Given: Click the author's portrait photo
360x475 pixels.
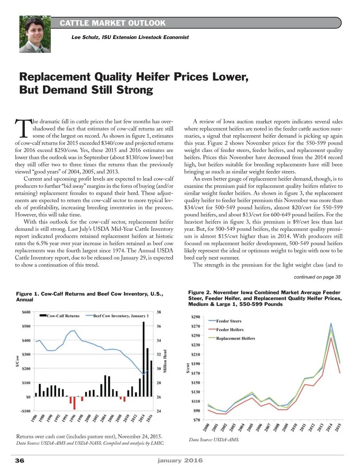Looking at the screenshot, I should (x=35, y=34).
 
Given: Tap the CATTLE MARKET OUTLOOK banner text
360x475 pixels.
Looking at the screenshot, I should (x=112, y=23).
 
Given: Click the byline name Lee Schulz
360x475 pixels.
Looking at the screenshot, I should (x=85, y=37).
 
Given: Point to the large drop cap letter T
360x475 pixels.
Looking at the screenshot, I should (x=22, y=128).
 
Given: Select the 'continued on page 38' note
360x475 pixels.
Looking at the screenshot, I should (x=317, y=277).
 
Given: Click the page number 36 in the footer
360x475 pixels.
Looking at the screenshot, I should (x=20, y=461).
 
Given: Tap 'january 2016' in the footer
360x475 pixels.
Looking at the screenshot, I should (x=180, y=461).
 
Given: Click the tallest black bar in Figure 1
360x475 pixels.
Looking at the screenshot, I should (x=143, y=359).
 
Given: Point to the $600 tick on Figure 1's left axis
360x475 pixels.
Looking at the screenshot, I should (x=26, y=312).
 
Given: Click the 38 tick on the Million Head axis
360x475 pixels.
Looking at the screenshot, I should (x=159, y=312).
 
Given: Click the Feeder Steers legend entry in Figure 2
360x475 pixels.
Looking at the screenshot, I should (x=229, y=321).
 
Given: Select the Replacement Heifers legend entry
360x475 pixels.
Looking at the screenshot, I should (x=235, y=338).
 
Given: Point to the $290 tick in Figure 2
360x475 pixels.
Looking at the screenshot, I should (x=195, y=317).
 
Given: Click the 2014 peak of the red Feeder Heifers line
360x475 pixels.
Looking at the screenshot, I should (x=331, y=338).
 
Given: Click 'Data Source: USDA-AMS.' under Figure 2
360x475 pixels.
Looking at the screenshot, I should (x=214, y=439).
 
